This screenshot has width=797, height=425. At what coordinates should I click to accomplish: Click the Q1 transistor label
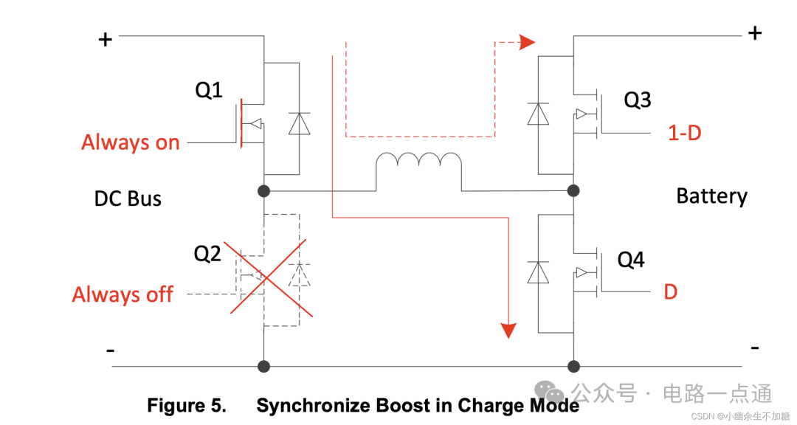click(209, 91)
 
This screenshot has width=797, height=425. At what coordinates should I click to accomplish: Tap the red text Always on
click(131, 142)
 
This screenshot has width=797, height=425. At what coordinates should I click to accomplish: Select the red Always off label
click(123, 295)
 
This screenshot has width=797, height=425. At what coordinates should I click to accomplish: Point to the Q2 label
click(207, 254)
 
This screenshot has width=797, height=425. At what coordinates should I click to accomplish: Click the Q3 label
click(638, 100)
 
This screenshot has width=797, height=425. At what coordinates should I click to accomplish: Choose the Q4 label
click(631, 260)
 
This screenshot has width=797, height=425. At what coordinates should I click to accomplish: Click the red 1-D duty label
click(684, 134)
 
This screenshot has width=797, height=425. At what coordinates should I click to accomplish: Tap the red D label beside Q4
click(670, 292)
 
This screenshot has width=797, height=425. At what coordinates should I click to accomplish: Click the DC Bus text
click(128, 198)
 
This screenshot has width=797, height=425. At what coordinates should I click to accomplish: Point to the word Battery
click(711, 196)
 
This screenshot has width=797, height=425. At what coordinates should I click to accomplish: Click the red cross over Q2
click(270, 277)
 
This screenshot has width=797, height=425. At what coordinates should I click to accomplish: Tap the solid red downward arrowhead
click(508, 329)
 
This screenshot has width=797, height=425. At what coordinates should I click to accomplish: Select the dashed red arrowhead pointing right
click(526, 42)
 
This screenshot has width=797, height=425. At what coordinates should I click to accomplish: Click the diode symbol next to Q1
click(299, 123)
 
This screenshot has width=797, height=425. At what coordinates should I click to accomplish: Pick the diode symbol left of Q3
click(539, 114)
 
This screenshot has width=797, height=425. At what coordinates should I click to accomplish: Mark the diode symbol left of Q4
click(539, 272)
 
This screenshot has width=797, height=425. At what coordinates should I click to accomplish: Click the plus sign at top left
click(106, 39)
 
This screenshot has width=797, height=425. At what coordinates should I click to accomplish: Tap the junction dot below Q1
click(263, 191)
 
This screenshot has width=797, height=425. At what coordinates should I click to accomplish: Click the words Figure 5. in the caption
click(187, 405)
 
